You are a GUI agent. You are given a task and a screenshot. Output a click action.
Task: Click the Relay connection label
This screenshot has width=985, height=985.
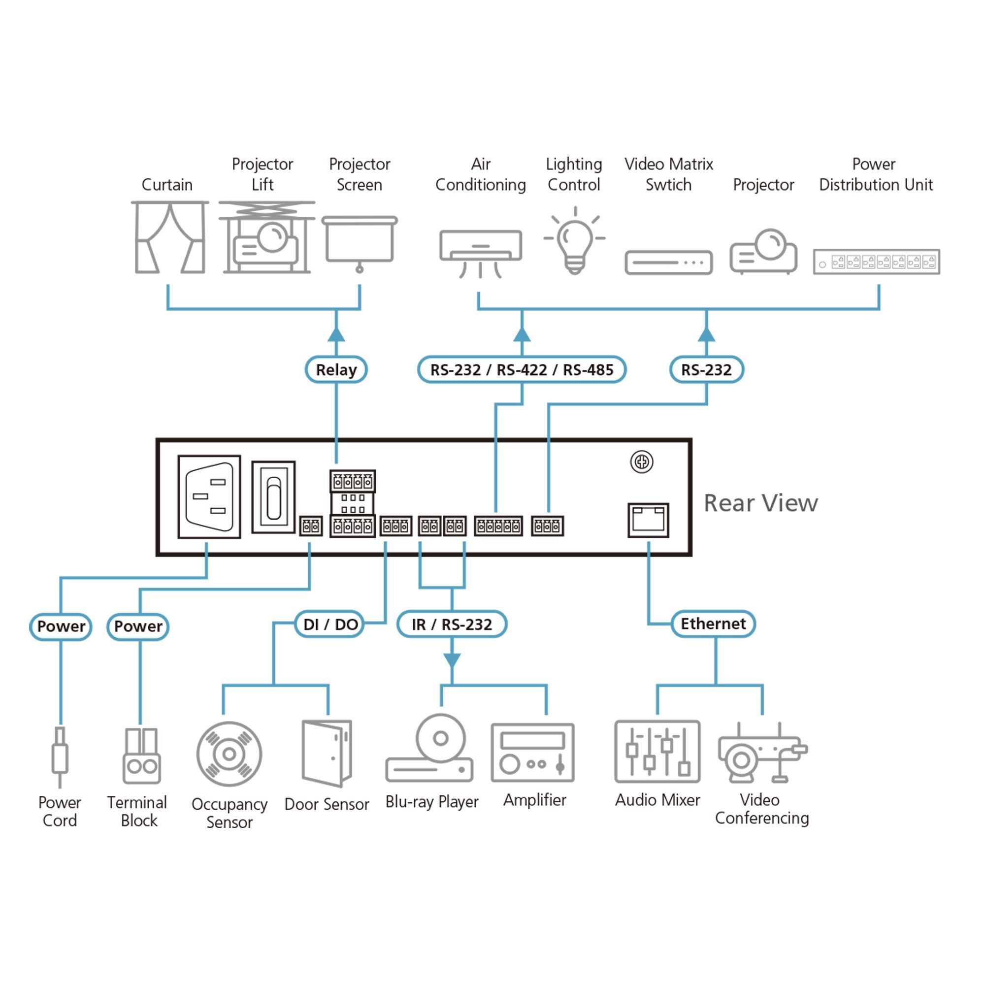(x=336, y=370)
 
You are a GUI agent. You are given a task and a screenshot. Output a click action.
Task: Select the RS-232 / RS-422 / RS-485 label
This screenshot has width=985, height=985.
(x=522, y=370)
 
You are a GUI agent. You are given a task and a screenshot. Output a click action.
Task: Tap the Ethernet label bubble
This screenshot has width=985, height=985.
(x=713, y=624)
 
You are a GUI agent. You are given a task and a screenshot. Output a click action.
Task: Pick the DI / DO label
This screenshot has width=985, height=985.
(x=330, y=624)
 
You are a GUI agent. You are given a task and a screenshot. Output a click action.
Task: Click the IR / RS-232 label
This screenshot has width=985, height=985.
(x=452, y=624)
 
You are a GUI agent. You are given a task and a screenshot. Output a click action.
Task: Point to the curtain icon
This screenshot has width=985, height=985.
(x=170, y=237)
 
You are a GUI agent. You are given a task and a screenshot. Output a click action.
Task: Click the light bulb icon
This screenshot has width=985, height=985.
(x=575, y=240)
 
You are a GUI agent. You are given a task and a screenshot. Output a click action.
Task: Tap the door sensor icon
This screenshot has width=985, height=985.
(x=327, y=754)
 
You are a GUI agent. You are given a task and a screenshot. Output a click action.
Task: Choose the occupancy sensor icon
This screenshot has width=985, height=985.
(x=230, y=754)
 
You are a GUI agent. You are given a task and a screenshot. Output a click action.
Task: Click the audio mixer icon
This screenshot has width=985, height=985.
(x=657, y=752)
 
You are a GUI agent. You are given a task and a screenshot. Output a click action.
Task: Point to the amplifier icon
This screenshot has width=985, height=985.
(x=533, y=753)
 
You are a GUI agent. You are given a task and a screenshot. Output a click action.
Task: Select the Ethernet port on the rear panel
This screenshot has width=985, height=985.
(x=648, y=520)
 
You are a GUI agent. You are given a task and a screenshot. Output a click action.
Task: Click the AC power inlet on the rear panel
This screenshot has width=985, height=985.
(x=209, y=496)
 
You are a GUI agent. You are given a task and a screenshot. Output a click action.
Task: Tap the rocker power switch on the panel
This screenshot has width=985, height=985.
(x=273, y=497)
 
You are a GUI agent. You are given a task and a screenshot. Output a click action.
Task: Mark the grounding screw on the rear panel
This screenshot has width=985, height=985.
(x=641, y=462)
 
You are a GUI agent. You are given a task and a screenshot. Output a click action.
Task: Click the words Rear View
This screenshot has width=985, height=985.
(x=761, y=503)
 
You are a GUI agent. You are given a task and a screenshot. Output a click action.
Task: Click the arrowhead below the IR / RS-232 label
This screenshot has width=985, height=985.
(x=452, y=660)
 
